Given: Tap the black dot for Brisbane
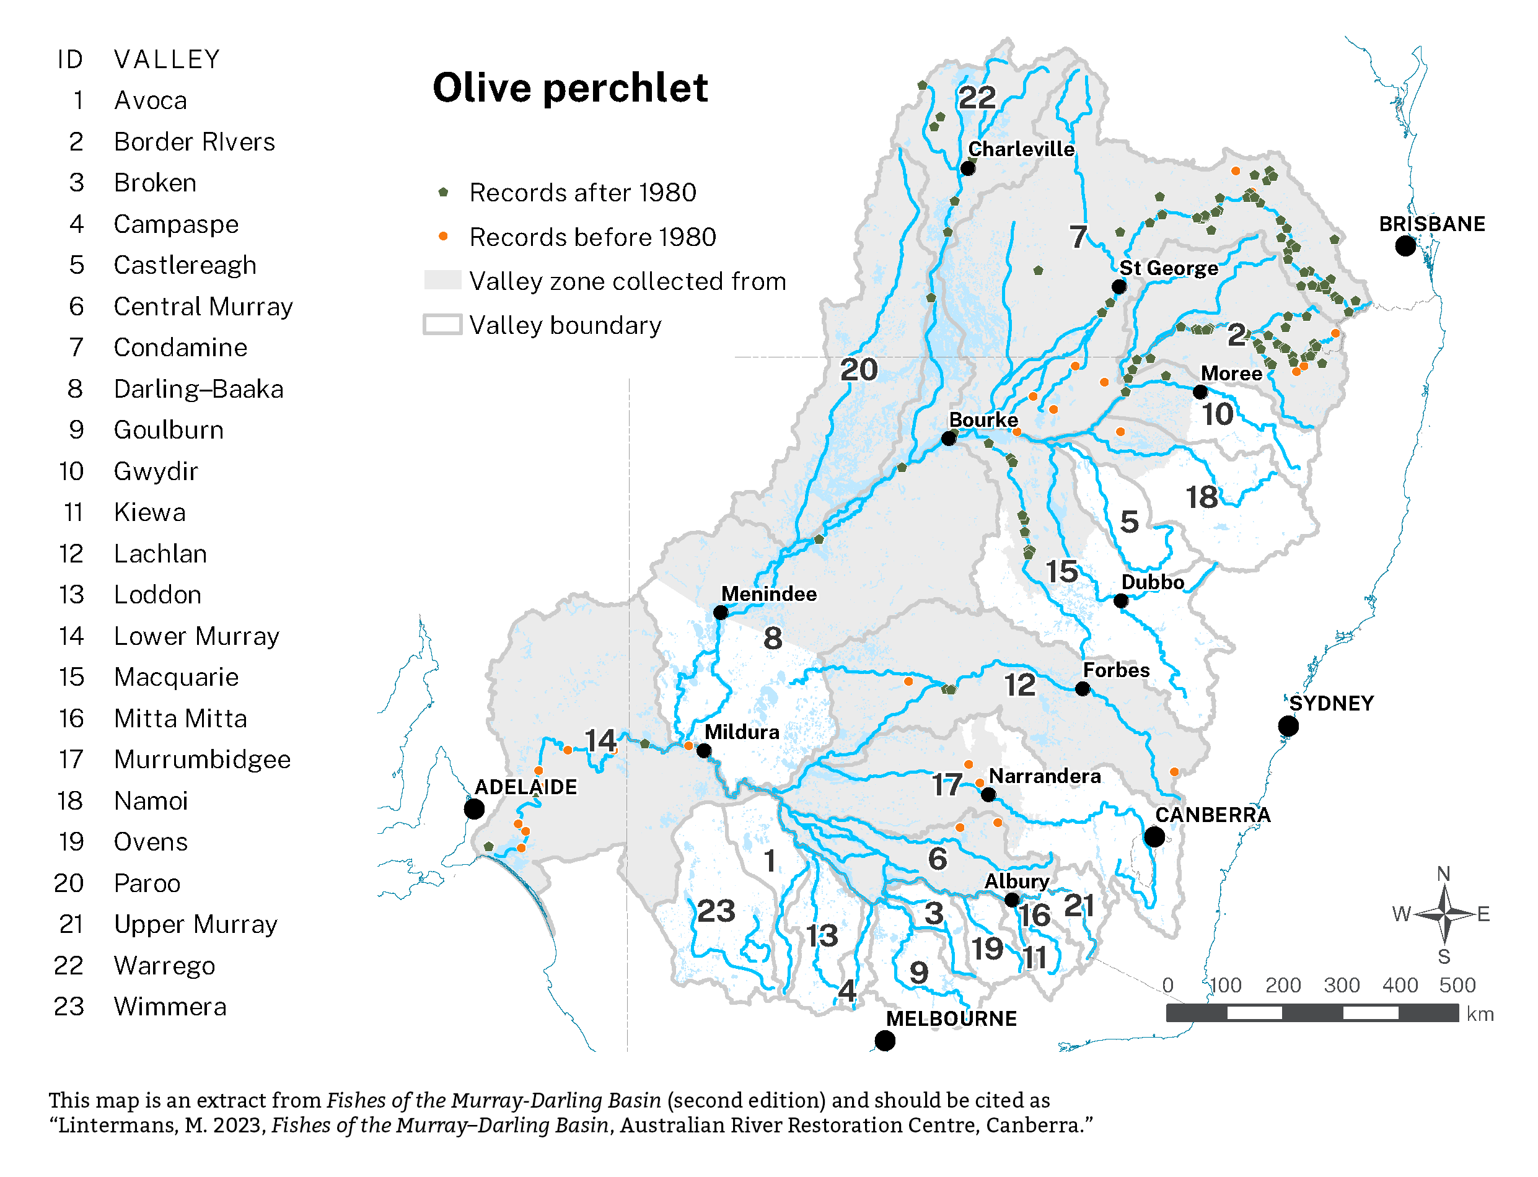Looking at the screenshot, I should pyautogui.click(x=1405, y=246).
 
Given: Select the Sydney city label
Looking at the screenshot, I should pyautogui.click(x=1330, y=703).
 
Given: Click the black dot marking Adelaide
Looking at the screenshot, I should pyautogui.click(x=475, y=809).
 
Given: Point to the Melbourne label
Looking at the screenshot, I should pyautogui.click(x=950, y=1018).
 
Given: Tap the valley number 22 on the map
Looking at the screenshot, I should pyautogui.click(x=976, y=97).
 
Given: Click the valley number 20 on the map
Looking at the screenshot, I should pyautogui.click(x=858, y=370).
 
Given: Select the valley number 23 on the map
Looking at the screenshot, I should pyautogui.click(x=715, y=911).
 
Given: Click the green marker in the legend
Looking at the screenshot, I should pyautogui.click(x=443, y=192).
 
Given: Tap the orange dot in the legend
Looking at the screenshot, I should pyautogui.click(x=443, y=237).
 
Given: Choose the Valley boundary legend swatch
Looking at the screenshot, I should pyautogui.click(x=442, y=325).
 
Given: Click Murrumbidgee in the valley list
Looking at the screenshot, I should pyautogui.click(x=202, y=760).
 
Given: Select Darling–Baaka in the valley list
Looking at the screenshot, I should pyautogui.click(x=198, y=390).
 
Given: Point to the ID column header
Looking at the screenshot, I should pyautogui.click(x=70, y=59).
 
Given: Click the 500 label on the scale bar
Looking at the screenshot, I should pyautogui.click(x=1457, y=986).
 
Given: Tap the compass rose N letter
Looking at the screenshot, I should pyautogui.click(x=1443, y=874).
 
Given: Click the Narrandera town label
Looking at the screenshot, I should pyautogui.click(x=1044, y=776).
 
